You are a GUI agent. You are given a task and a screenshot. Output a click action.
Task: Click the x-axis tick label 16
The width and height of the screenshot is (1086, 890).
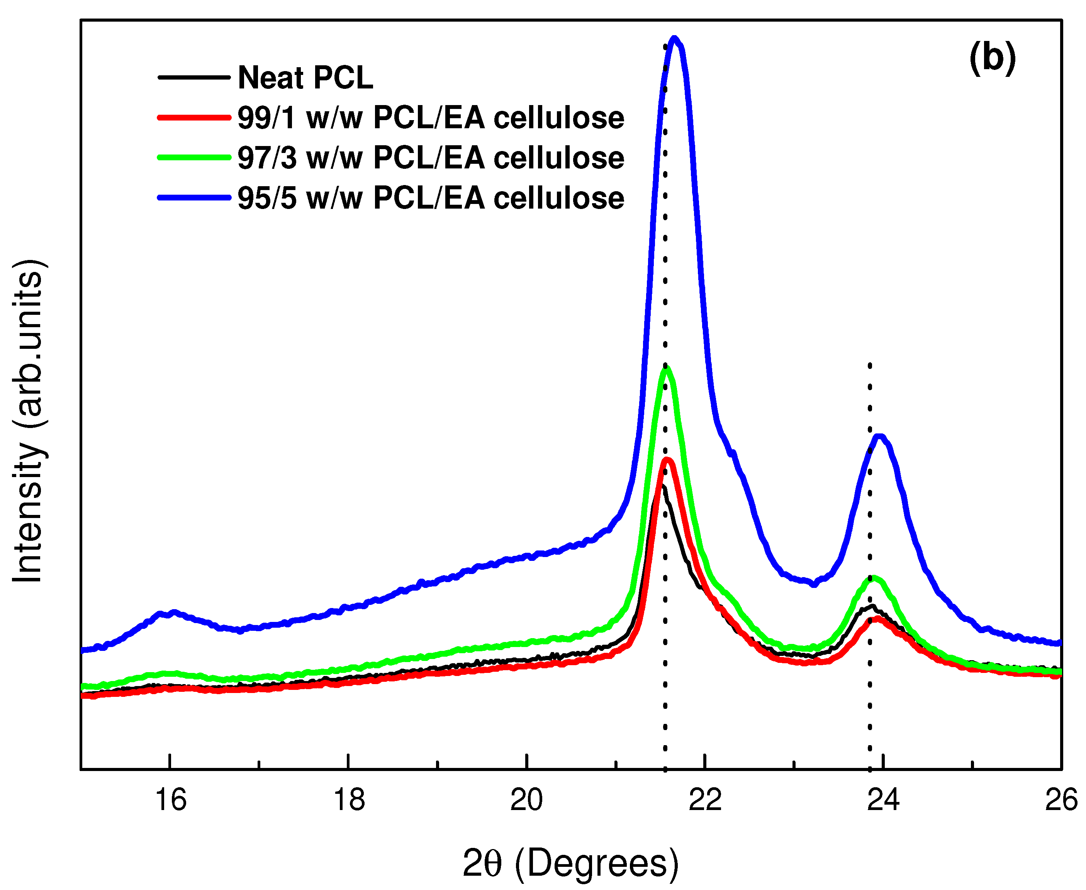pos(170,800)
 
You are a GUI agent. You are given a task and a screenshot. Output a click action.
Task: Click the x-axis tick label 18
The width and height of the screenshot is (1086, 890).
pos(348,800)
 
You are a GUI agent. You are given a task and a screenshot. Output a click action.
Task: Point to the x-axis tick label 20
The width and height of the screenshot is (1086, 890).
pos(526,800)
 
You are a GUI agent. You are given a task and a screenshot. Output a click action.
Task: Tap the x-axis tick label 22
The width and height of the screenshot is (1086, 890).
pos(705,800)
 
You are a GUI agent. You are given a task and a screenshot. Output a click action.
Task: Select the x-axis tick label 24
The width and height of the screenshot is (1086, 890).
pos(883,800)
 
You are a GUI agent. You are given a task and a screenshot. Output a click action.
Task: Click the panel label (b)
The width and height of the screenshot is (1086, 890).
pos(992,58)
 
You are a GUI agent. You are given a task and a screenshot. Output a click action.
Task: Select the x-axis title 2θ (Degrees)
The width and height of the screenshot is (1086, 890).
pos(570,863)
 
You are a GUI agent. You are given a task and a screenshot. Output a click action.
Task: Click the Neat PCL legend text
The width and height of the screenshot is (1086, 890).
pos(305,78)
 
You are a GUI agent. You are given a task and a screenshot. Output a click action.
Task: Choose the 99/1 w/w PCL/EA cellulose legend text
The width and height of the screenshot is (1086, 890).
pos(431,118)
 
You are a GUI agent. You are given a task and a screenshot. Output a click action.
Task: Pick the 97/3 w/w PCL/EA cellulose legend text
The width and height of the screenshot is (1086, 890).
pos(431,158)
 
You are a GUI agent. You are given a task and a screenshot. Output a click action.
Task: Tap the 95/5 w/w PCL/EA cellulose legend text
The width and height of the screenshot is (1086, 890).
pos(431,198)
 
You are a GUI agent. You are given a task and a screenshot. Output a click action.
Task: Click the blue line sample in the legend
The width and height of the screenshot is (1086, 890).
pos(194,198)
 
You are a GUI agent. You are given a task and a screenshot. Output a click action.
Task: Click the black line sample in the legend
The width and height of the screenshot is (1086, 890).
pos(194,77)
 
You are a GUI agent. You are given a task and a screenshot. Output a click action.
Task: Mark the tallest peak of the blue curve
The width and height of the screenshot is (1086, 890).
pos(674,39)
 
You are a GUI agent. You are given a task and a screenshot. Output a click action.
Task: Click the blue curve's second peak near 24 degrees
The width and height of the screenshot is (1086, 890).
pos(879,437)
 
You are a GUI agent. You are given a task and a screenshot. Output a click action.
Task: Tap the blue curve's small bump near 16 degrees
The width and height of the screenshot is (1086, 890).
pos(173,612)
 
